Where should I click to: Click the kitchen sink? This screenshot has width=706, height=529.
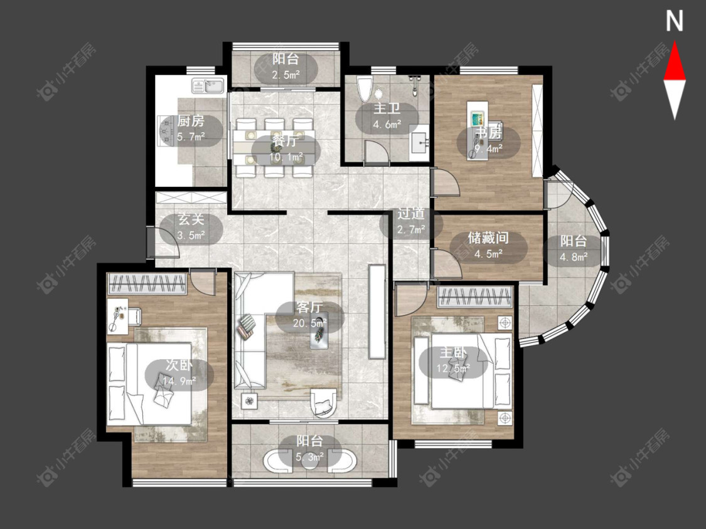coord(208,85)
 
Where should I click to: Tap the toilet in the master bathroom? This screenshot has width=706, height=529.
coord(364,88)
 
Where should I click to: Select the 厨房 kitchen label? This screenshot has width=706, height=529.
coord(190,120)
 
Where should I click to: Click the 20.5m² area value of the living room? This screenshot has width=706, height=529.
coord(309,323)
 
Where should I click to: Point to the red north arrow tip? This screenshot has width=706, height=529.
coord(675,42)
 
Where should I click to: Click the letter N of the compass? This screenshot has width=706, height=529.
coord(675,21)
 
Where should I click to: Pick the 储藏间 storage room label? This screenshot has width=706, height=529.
coord(488,238)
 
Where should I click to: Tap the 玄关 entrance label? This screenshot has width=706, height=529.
coord(191,219)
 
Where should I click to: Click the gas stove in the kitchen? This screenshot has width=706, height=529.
coord(166,131)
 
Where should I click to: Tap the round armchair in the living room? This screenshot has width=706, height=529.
coord(323,402)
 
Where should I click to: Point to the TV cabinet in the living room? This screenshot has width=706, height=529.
coord(377,312)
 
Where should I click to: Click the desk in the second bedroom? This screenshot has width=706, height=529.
coord(117,316)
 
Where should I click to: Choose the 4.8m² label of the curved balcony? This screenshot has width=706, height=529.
coord(573,257)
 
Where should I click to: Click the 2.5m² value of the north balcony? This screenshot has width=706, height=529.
coord(286,75)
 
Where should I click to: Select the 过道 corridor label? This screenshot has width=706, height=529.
coord(410,213)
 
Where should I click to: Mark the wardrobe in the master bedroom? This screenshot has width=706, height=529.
coord(475,297)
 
